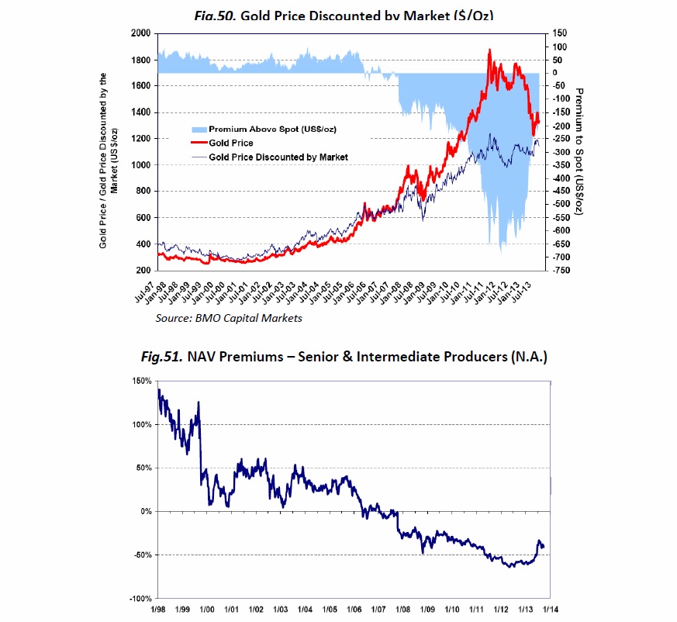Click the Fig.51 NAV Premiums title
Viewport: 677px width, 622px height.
click(344, 357)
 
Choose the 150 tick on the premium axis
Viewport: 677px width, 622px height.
click(560, 34)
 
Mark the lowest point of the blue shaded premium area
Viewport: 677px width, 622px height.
click(501, 252)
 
